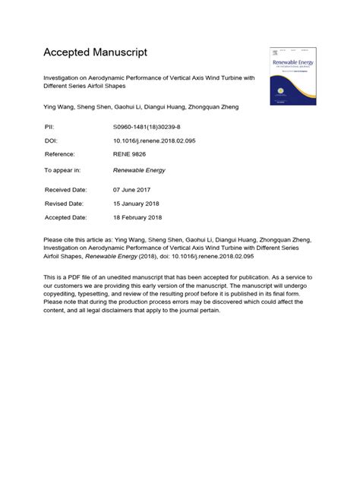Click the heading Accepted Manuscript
(95, 52)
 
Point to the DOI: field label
(53, 141)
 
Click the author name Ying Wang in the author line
(60, 107)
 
